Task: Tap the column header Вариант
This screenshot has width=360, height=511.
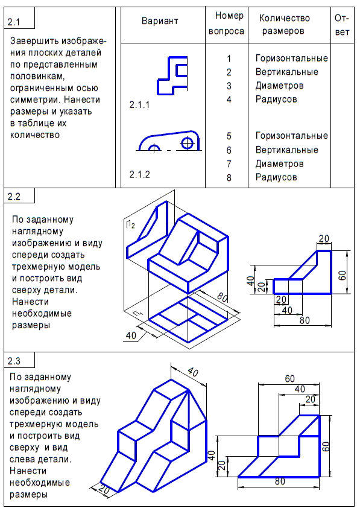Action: pos(160,21)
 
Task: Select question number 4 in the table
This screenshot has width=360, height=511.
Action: pos(229,99)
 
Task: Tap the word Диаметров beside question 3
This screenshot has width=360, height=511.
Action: pos(279,86)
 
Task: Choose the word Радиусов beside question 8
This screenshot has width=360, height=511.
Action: pos(276,177)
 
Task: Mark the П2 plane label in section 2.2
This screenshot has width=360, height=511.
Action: pos(130,226)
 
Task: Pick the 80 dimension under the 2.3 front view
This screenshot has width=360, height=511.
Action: pos(279,481)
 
